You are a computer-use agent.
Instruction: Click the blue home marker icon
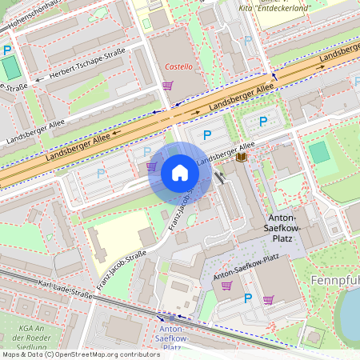point(179,173)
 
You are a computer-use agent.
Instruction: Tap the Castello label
point(178,66)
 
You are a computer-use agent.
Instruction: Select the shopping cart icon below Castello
point(167,85)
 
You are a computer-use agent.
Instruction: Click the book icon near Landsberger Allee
point(241,158)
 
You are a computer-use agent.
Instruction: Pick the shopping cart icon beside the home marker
point(151,166)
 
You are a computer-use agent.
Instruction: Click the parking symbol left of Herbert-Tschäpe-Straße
point(7,50)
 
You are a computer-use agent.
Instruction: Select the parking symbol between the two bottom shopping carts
point(247,298)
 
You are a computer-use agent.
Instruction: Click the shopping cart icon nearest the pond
point(268,300)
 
